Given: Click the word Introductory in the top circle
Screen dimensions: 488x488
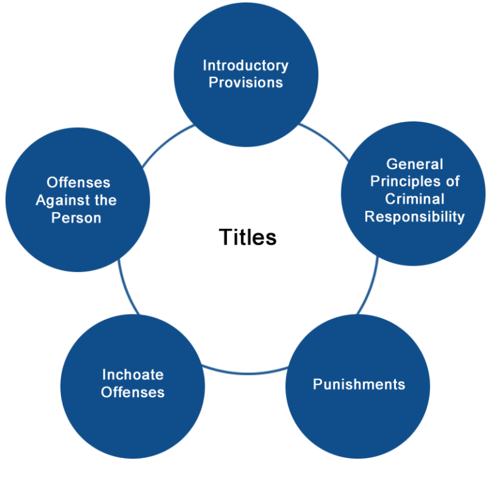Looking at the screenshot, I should click(245, 65).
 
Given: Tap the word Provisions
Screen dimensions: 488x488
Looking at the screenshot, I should click(245, 83).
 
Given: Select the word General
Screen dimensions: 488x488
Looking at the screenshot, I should click(414, 164).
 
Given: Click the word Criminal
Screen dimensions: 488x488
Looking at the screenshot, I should click(414, 199).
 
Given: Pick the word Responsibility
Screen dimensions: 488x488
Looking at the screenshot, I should click(414, 217).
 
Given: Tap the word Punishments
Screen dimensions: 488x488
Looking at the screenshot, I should click(359, 384).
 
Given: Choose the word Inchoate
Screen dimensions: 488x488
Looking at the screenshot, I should click(132, 375).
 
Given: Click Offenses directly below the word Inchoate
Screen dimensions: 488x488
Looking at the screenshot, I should click(132, 392).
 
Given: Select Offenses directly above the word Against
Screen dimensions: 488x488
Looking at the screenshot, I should click(78, 183).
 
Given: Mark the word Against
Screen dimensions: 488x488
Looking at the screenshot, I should click(64, 201).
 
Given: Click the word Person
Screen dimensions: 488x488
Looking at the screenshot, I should click(78, 218).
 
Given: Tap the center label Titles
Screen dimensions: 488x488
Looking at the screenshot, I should click(248, 237).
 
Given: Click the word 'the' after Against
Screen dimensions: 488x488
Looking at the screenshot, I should click(105, 201).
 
